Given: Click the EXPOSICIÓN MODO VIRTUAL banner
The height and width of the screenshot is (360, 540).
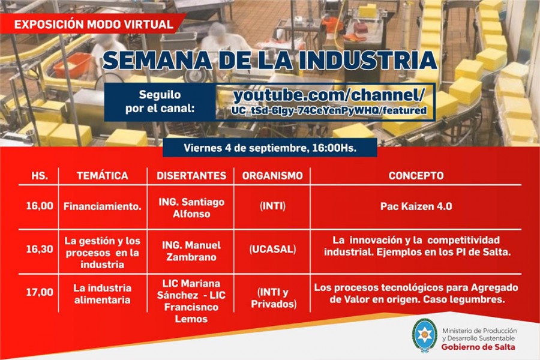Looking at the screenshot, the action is click(94, 24).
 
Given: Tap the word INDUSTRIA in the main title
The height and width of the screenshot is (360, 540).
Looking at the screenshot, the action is click(368, 60).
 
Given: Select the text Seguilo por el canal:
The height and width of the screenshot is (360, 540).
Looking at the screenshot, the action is click(160, 101).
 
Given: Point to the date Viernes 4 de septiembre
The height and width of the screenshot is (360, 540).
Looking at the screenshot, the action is click(245, 148).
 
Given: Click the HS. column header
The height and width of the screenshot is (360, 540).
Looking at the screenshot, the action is click(40, 176).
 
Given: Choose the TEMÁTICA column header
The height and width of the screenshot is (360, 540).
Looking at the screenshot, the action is click(102, 176).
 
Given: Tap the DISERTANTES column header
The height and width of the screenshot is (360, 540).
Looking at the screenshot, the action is click(191, 176).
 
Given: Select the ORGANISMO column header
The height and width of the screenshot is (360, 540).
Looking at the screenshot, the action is click(272, 176).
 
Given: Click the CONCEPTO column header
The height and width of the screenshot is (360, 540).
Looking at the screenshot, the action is click(416, 176).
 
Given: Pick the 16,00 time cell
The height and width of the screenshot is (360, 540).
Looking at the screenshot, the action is click(40, 206).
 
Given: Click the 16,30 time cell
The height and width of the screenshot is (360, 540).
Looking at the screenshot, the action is click(40, 249).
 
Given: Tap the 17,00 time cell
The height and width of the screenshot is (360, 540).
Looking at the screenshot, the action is click(40, 292).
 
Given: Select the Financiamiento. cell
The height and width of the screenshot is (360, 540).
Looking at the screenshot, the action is click(102, 206).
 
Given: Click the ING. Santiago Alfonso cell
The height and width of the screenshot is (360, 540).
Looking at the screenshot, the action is click(191, 208).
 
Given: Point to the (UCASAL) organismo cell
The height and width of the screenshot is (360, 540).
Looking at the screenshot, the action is click(272, 250).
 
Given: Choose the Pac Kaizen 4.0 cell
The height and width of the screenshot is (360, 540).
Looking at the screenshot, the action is click(416, 206).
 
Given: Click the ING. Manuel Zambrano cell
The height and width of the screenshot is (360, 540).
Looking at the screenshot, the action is click(191, 251).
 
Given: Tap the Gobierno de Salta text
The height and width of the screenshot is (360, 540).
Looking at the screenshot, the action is click(478, 347).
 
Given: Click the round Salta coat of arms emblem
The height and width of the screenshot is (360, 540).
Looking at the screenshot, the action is click(424, 335).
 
